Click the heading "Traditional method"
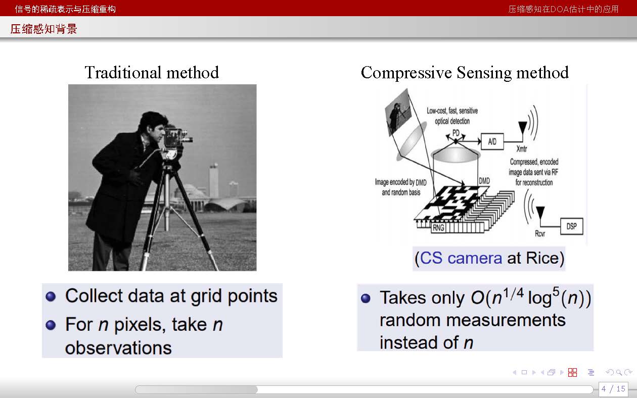click(x=152, y=72)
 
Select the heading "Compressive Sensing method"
click(x=465, y=73)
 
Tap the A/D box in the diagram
click(x=492, y=141)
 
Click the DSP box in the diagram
click(x=572, y=226)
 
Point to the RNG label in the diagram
click(x=438, y=228)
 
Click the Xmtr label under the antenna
click(x=522, y=148)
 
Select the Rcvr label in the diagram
click(x=540, y=233)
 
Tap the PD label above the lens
click(x=456, y=133)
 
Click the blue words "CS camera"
click(x=461, y=258)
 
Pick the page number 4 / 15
click(x=613, y=388)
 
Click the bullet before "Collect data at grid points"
click(x=51, y=296)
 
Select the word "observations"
click(x=118, y=347)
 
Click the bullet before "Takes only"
click(x=366, y=298)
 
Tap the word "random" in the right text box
click(x=411, y=320)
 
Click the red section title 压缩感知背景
click(x=43, y=29)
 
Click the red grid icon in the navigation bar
click(x=572, y=372)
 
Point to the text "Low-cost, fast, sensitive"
click(x=452, y=111)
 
